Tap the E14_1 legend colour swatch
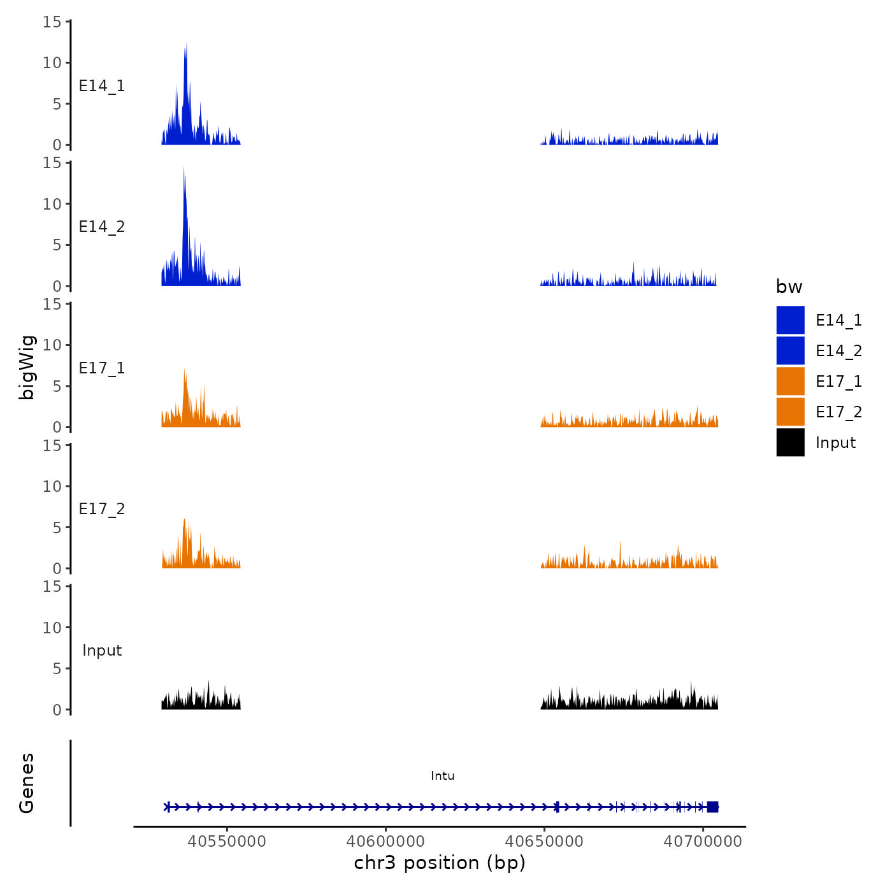[x=790, y=320]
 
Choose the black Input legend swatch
[x=790, y=442]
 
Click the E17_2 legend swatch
[x=790, y=412]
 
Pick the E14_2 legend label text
[x=838, y=350]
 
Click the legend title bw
[x=789, y=287]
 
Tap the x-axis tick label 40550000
[x=226, y=842]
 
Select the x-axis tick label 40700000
[x=703, y=842]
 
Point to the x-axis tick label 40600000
[x=385, y=842]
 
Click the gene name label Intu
[x=442, y=775]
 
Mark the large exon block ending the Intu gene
[x=712, y=807]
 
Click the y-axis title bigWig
[x=27, y=367]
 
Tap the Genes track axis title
[x=27, y=783]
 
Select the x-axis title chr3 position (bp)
[x=440, y=863]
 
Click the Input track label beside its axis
[x=102, y=650]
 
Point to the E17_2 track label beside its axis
[x=102, y=508]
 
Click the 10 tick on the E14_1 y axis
[x=52, y=62]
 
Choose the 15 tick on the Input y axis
[x=52, y=586]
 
